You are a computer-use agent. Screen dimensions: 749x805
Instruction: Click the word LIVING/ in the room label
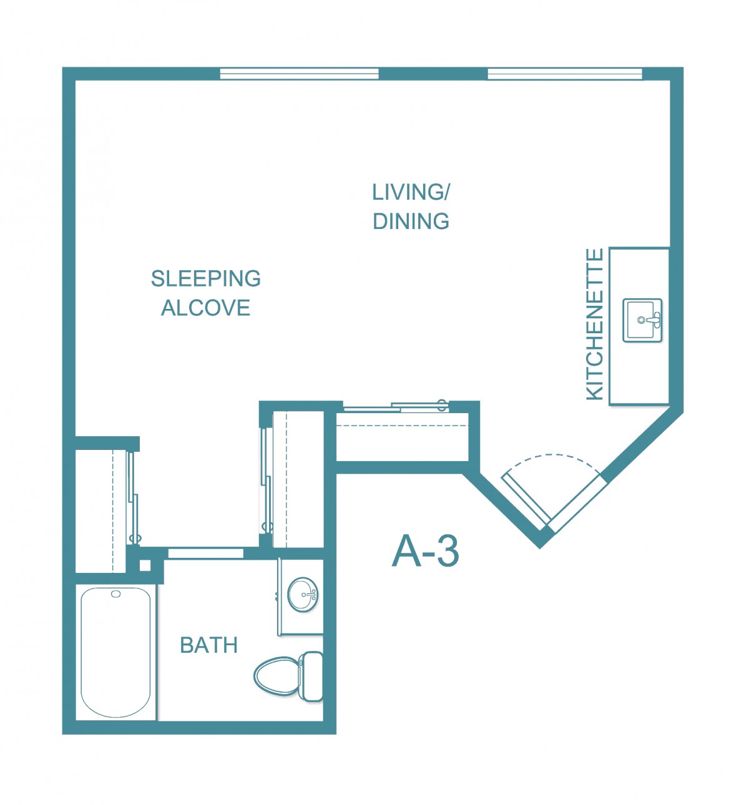pyautogui.click(x=411, y=192)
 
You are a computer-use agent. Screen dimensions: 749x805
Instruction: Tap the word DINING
pyautogui.click(x=411, y=222)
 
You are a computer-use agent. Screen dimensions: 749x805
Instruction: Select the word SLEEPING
pyautogui.click(x=206, y=278)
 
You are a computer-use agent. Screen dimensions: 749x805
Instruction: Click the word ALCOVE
pyautogui.click(x=206, y=308)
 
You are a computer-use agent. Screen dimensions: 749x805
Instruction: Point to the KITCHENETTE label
pyautogui.click(x=595, y=324)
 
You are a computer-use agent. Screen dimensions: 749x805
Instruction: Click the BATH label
pyautogui.click(x=208, y=645)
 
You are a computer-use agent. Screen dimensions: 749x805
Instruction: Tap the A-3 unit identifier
pyautogui.click(x=426, y=551)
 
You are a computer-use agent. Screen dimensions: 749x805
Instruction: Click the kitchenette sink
pyautogui.click(x=643, y=320)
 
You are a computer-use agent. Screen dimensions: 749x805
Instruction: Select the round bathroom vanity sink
pyautogui.click(x=303, y=595)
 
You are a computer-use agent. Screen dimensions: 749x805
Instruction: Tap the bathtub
pyautogui.click(x=115, y=653)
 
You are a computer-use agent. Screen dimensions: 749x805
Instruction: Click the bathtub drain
pyautogui.click(x=116, y=594)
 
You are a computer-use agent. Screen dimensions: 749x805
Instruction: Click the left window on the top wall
pyautogui.click(x=299, y=74)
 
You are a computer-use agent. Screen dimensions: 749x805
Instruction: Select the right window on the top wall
pyautogui.click(x=565, y=74)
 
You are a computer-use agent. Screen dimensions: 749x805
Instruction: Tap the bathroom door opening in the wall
pyautogui.click(x=205, y=553)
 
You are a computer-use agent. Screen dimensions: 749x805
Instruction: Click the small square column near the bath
pyautogui.click(x=145, y=565)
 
